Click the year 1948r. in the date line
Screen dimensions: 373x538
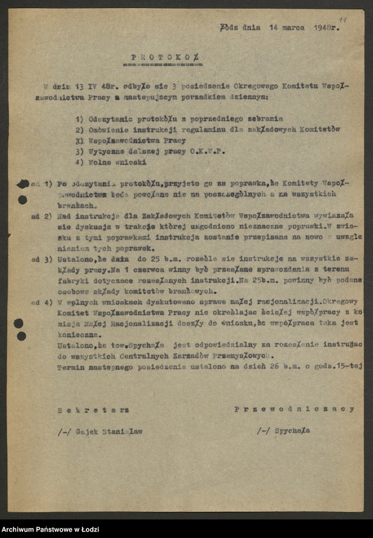click(327, 28)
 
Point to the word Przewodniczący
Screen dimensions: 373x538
click(294, 409)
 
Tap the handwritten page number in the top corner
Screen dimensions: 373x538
click(343, 20)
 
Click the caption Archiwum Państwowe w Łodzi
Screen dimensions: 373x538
click(49, 529)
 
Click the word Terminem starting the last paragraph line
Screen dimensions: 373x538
click(72, 367)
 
